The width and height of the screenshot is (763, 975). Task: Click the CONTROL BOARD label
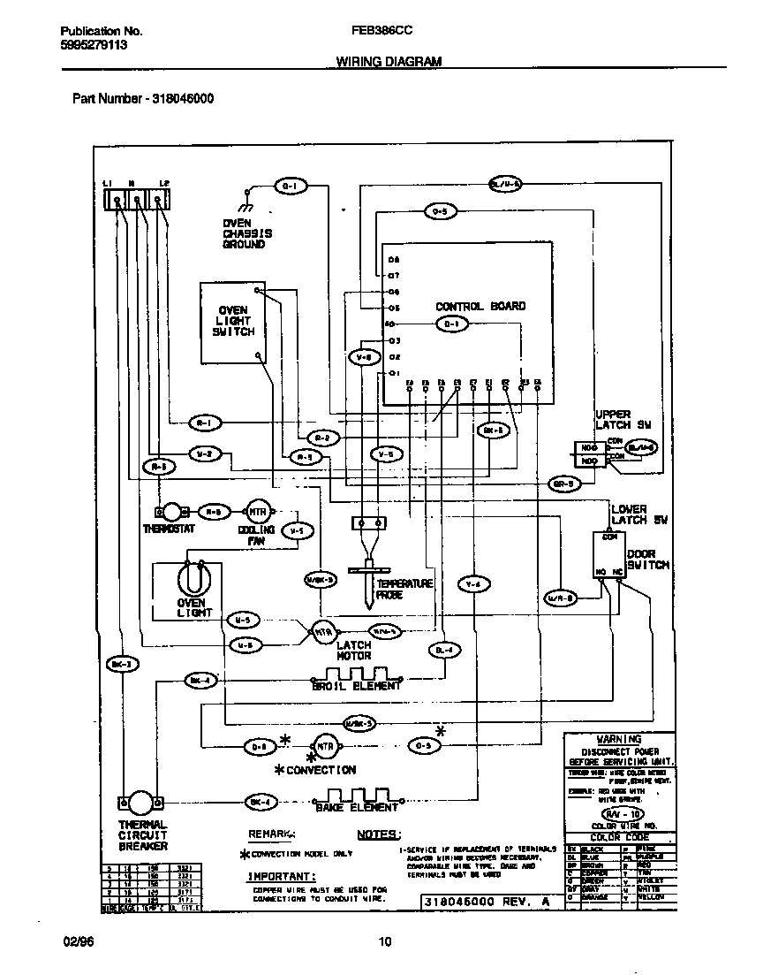[480, 306]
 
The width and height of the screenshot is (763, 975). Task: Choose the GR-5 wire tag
[563, 484]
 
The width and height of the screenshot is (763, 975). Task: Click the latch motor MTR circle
[323, 631]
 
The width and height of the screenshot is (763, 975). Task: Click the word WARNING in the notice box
[618, 739]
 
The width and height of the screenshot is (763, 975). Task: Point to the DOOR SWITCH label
[647, 559]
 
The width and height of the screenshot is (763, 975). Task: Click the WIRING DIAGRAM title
[389, 62]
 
